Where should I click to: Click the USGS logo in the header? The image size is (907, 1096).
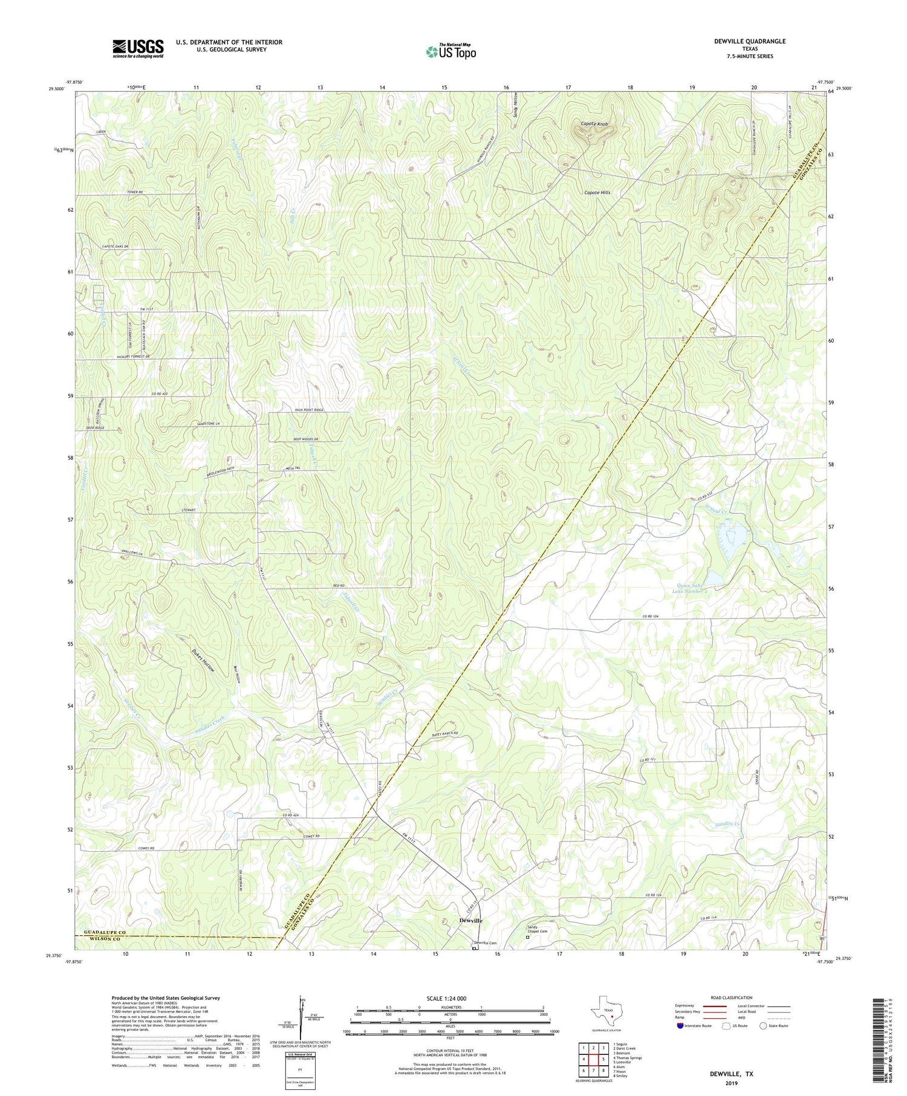[138, 48]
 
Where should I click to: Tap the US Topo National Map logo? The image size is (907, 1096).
[450, 52]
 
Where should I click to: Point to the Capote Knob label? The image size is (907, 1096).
[594, 124]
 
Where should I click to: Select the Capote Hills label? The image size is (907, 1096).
[597, 193]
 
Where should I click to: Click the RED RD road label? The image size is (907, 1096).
[338, 586]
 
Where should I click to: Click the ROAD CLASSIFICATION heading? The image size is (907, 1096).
[732, 997]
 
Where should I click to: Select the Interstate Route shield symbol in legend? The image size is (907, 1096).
[681, 1025]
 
